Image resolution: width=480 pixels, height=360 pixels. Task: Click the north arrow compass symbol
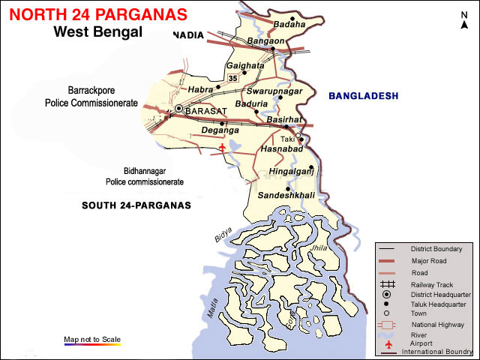464,21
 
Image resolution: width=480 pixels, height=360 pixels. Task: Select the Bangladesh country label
363,96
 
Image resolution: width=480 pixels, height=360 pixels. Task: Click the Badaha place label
289,24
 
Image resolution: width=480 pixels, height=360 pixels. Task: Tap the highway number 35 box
232,77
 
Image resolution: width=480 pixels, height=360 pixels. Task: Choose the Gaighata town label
245,66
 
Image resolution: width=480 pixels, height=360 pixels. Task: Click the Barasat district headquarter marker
179,109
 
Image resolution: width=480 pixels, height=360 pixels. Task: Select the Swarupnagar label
279,91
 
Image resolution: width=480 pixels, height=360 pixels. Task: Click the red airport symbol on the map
222,148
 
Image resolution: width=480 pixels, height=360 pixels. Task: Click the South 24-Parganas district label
136,205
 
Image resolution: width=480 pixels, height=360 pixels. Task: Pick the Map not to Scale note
92,338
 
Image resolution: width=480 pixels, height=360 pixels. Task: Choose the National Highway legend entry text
437,325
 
